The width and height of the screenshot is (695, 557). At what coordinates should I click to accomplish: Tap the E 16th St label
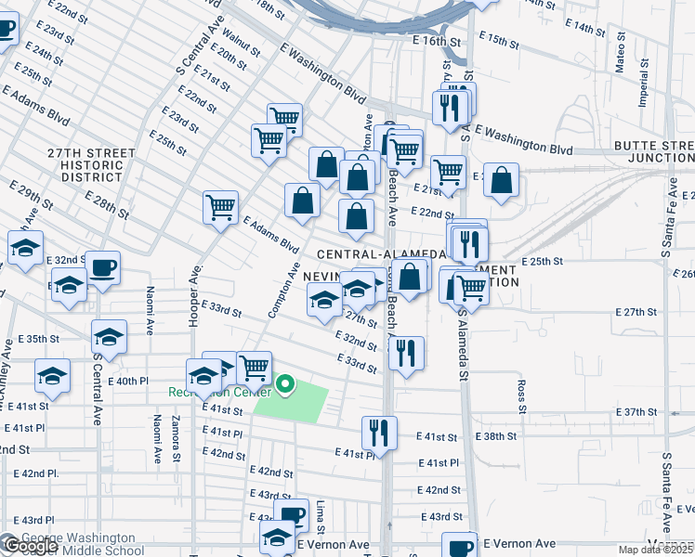[438, 42]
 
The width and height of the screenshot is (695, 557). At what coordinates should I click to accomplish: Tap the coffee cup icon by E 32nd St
[102, 267]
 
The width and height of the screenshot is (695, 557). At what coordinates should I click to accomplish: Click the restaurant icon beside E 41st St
[379, 433]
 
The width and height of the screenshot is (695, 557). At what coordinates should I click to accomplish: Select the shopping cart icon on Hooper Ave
[221, 208]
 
